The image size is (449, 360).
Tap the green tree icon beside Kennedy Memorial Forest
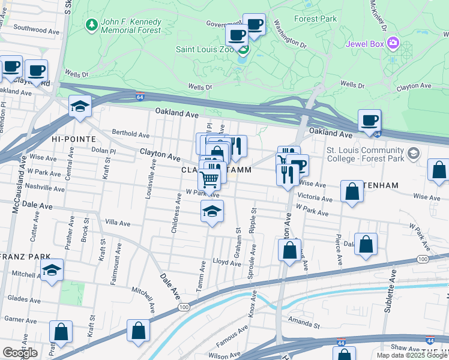[x=91, y=25]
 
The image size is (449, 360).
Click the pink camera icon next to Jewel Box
[x=393, y=43]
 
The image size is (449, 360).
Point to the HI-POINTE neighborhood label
[x=73, y=139]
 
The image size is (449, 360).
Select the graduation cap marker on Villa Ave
[x=211, y=212]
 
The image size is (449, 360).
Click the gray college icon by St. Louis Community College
[x=413, y=154]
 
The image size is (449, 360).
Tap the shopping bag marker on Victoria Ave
[x=352, y=192]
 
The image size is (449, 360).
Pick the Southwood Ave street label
[x=38, y=29]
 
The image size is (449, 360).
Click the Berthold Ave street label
[x=130, y=134]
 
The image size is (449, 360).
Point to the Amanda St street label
[x=305, y=320]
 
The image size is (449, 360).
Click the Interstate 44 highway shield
[x=430, y=340]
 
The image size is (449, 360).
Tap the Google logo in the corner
[x=20, y=353]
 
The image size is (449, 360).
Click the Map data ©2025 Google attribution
[x=411, y=355]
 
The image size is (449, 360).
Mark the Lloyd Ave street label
[x=227, y=262]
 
